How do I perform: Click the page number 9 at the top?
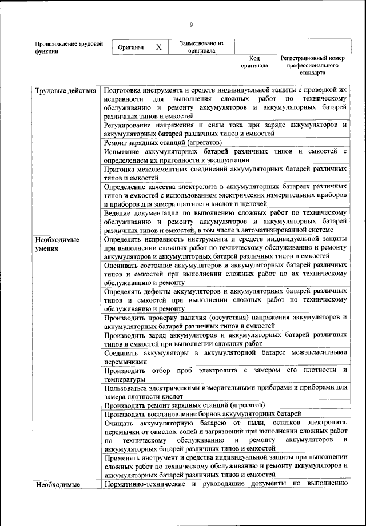191,23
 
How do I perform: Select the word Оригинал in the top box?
131,47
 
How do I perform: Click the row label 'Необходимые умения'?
57,244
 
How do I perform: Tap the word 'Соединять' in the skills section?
122,352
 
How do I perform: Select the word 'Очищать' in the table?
120,423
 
